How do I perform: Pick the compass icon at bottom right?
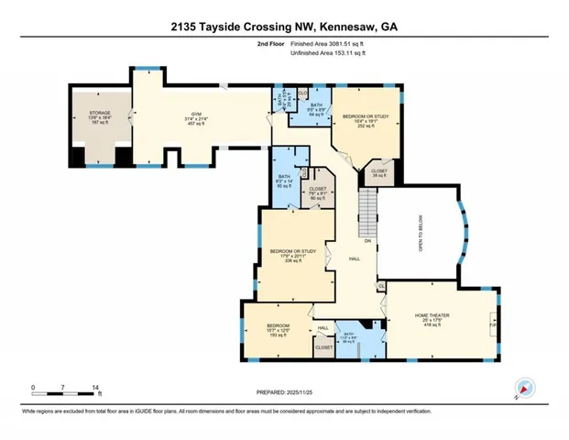click(524, 388)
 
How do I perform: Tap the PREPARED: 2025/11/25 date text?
click(284, 393)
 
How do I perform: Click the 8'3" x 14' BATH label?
click(284, 180)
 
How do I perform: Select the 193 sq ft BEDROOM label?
click(278, 330)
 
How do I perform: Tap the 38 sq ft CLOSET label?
click(378, 173)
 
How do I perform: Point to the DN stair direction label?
click(367, 242)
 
